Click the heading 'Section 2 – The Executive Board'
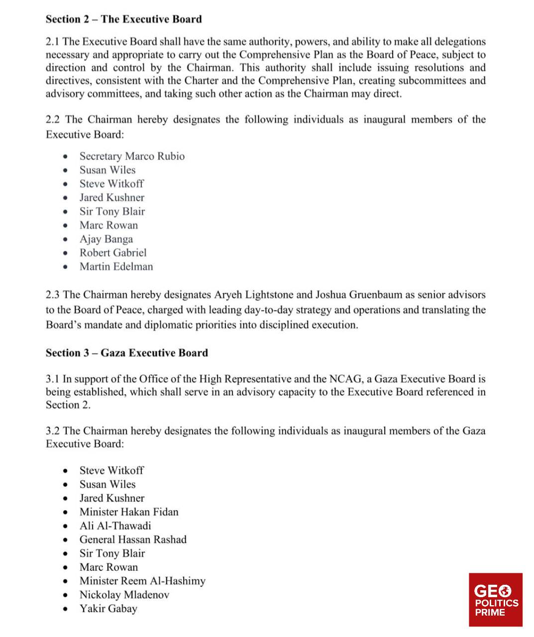tap(123, 19)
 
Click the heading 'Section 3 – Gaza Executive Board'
tap(126, 353)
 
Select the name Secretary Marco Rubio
tap(132, 156)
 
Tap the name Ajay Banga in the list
tap(106, 239)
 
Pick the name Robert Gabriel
tap(113, 253)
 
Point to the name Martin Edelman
tap(116, 267)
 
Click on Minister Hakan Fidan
tap(128, 512)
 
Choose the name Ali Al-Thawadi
tap(115, 526)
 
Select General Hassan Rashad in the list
tap(133, 539)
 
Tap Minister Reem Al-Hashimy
tap(142, 581)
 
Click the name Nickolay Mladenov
tap(124, 595)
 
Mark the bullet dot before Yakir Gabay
tap(66, 609)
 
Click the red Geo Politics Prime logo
tap(496, 600)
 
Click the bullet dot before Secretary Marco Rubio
tap(66, 157)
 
